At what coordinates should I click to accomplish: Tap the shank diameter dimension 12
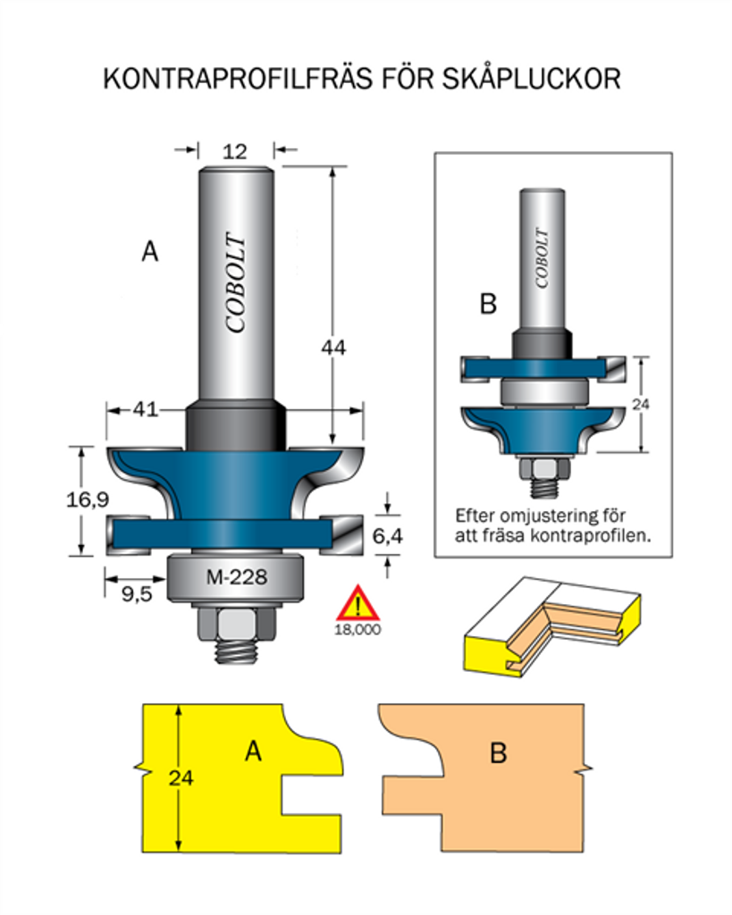[234, 152]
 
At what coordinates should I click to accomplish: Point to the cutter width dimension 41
[145, 410]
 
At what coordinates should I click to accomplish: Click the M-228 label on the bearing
[237, 578]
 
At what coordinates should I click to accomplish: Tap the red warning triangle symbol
[358, 604]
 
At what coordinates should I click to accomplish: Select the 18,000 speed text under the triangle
[358, 629]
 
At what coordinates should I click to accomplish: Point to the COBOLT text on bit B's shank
[542, 257]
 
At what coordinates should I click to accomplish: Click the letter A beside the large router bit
[150, 253]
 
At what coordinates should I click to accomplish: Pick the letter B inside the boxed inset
[488, 305]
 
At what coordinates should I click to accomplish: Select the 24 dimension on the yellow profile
[181, 776]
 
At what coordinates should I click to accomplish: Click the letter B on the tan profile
[499, 753]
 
